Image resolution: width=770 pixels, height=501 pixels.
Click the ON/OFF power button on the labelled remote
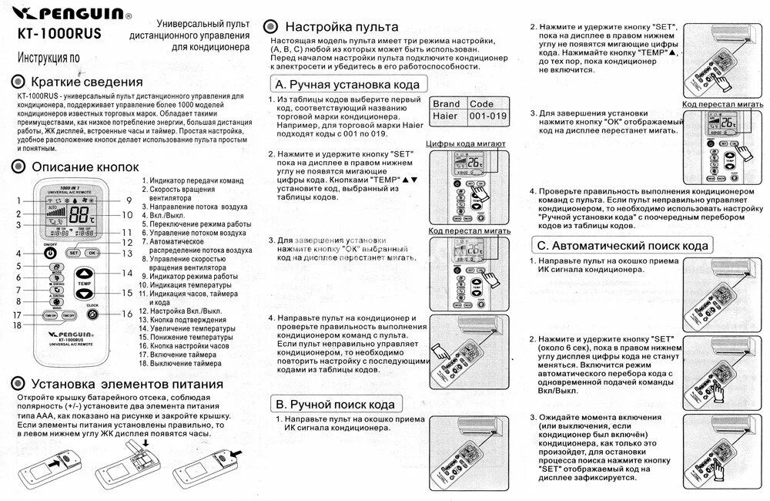pyautogui.click(x=50, y=253)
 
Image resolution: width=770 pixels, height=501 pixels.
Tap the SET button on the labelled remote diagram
pyautogui.click(x=73, y=252)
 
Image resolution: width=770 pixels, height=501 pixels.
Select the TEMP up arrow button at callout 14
pyautogui.click(x=84, y=274)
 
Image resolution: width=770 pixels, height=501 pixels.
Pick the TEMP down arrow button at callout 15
pyautogui.click(x=84, y=294)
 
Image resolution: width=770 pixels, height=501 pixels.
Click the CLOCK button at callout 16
pyautogui.click(x=92, y=314)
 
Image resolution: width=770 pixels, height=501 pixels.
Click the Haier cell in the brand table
pyautogui.click(x=445, y=116)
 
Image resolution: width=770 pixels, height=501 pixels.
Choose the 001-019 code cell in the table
pyautogui.click(x=487, y=116)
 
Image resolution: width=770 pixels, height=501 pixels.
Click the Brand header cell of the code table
pyautogui.click(x=446, y=103)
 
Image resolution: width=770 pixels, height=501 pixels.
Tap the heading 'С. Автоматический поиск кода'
pyautogui.click(x=622, y=245)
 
